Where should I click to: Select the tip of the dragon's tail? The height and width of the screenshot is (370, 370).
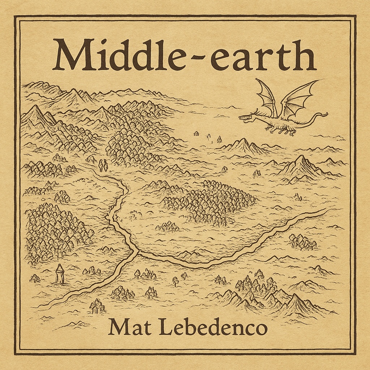[326, 115]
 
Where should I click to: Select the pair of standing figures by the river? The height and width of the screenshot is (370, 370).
[103, 165]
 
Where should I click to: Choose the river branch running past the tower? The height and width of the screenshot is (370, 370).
[90, 285]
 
